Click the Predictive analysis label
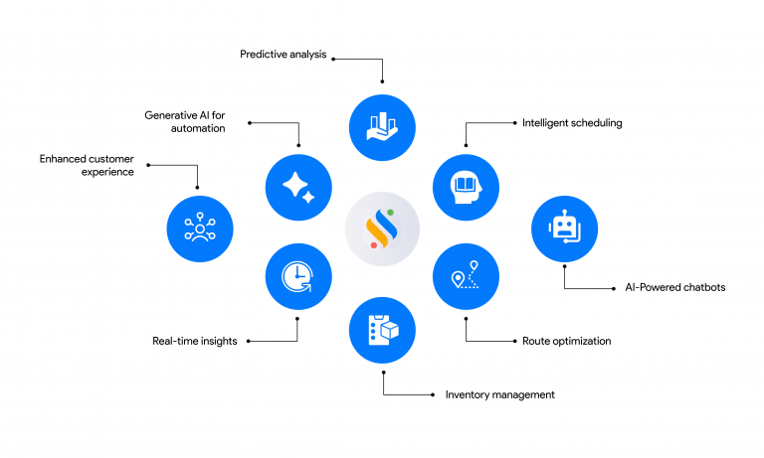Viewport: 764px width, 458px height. [283, 54]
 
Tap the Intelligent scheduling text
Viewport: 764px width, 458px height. [572, 123]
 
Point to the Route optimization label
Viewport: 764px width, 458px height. [566, 341]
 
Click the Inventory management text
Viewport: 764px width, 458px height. [499, 394]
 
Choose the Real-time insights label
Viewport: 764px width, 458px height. [194, 341]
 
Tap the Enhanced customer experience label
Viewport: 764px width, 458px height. [87, 165]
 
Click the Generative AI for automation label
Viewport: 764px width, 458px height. [185, 121]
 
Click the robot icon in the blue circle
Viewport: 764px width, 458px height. [564, 229]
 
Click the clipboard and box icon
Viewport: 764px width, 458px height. [382, 330]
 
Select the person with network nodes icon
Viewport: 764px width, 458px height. [200, 229]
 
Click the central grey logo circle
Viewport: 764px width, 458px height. [382, 229]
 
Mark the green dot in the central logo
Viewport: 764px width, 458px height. [391, 211]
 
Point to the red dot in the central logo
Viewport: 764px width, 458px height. [373, 245]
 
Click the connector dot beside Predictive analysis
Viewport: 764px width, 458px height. [333, 59]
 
